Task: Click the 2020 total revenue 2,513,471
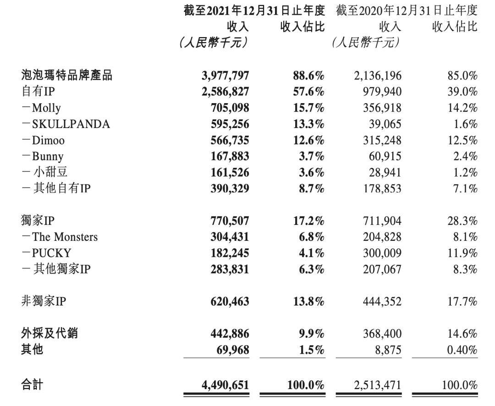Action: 378,385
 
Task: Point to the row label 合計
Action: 32,384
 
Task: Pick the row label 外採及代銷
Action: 49,334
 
